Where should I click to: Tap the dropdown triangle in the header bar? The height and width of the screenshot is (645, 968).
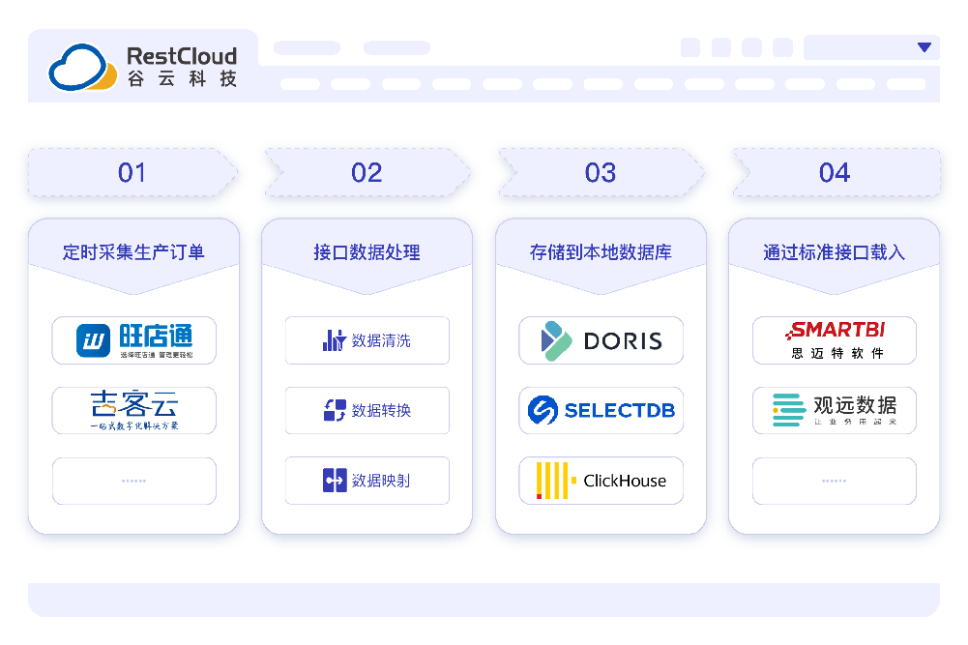coord(924,47)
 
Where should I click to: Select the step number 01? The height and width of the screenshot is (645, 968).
coord(132,173)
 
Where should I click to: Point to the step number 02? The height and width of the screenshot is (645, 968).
coord(367,173)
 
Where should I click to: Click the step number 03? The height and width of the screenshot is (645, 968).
coord(601,173)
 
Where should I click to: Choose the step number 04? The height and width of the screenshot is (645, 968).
coord(835,173)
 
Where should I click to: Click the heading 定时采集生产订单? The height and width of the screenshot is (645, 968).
coord(133,252)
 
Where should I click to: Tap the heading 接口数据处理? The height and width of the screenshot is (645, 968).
coord(367,252)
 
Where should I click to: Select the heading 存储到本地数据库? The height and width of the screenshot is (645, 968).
coord(601,252)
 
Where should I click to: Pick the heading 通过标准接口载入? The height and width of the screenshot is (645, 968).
coord(834,252)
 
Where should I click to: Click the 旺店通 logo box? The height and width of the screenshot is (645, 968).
coord(134,340)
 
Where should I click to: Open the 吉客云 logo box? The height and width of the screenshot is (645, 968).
coord(134,410)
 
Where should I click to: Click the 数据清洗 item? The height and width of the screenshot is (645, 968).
coord(367,340)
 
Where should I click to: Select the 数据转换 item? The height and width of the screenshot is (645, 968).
coord(367,410)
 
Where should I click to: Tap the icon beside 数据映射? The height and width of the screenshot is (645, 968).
coord(335,481)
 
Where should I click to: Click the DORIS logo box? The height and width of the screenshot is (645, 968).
coord(601,340)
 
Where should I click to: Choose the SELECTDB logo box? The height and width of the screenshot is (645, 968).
coord(601,410)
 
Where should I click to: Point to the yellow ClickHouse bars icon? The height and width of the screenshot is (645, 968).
coord(554,481)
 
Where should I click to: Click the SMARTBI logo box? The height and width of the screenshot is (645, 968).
coord(834,340)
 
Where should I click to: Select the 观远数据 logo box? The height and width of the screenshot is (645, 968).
coord(834,410)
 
